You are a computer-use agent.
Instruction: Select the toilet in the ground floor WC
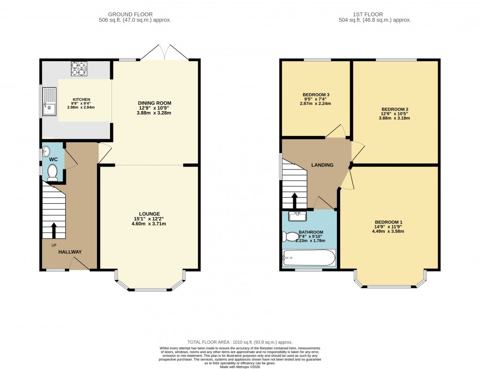point(52,173)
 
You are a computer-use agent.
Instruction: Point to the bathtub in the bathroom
point(309,258)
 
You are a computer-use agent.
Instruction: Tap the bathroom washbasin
point(297,216)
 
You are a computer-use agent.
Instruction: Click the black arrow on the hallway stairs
point(53,230)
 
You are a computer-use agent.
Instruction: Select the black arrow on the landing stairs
point(295,200)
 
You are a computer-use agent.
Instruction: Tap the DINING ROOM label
point(154,103)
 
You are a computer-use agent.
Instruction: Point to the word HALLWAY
point(70,252)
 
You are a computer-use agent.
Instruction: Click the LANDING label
point(322,165)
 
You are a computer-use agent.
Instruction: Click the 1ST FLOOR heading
point(375,15)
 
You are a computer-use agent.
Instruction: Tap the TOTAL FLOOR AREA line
point(240,342)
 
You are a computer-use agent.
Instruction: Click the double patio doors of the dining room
point(165,53)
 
